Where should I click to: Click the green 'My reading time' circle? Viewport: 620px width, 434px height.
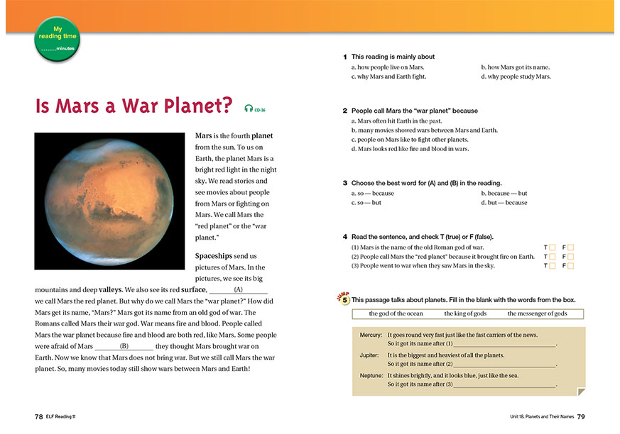point(56,39)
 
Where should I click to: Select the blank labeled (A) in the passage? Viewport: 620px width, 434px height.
point(239,290)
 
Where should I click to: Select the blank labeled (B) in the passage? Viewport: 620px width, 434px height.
point(124,346)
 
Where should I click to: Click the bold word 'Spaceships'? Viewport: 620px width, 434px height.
point(216,255)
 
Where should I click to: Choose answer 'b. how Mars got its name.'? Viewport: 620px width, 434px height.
point(516,67)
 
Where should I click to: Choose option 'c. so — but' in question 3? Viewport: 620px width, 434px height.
point(366,203)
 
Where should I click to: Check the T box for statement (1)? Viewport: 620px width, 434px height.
point(552,247)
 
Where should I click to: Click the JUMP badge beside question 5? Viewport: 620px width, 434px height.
point(343,299)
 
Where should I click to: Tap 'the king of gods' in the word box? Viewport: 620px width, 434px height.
point(465,313)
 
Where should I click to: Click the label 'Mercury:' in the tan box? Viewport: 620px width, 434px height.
point(371,335)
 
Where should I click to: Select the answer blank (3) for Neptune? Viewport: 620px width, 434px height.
point(504,384)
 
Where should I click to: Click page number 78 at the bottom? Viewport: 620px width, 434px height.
point(39,416)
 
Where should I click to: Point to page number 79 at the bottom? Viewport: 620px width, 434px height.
point(581,416)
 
